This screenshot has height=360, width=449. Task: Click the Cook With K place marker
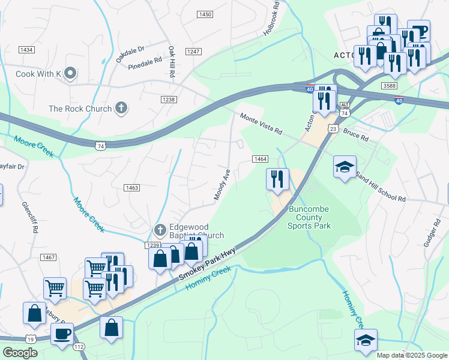pos(70,74)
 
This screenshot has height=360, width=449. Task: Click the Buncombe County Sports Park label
pos(309,217)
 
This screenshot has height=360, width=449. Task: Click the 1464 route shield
pos(259,158)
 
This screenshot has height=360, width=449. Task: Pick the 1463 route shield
pos(131,188)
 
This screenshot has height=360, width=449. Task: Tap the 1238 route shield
pos(168,100)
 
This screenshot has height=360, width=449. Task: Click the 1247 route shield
pos(193,52)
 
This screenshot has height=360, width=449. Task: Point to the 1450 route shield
pos(205,14)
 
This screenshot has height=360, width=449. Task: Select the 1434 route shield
pos(26,50)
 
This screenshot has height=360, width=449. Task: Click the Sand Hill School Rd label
pos(381,185)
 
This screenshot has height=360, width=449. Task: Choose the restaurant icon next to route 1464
pos(277,179)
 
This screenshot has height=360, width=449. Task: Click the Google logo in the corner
pos(20,353)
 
